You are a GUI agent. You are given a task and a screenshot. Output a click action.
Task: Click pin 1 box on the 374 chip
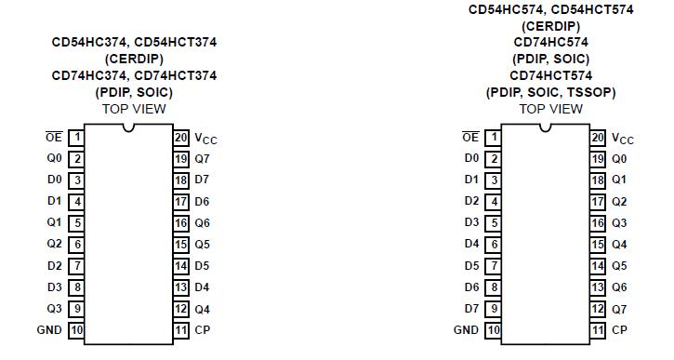pyautogui.click(x=77, y=137)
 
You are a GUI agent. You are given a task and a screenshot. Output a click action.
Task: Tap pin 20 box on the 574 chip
pyautogui.click(x=598, y=137)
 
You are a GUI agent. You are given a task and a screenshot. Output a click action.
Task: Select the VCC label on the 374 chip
pyautogui.click(x=205, y=138)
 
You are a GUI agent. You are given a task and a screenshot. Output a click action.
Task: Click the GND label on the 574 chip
pyautogui.click(x=467, y=329)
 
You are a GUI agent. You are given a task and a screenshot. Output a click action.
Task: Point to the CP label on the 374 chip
pyautogui.click(x=203, y=329)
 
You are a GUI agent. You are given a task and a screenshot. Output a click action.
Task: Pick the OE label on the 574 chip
pyautogui.click(x=470, y=137)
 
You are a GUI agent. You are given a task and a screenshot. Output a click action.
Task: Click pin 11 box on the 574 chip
pyautogui.click(x=598, y=329)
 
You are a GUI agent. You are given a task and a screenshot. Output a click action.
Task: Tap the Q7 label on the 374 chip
pyautogui.click(x=203, y=158)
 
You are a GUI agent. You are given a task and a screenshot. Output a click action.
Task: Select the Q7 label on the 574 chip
pyautogui.click(x=619, y=308)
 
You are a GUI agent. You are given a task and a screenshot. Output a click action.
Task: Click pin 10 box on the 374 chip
pyautogui.click(x=77, y=329)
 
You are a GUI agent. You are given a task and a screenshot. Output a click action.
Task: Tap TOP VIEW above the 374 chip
pyautogui.click(x=135, y=109)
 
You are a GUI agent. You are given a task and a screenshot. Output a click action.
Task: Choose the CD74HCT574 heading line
pyautogui.click(x=550, y=75)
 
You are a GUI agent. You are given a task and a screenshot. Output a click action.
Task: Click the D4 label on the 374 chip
pyautogui.click(x=203, y=287)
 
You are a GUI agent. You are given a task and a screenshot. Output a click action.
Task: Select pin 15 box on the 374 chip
pyautogui.click(x=181, y=244)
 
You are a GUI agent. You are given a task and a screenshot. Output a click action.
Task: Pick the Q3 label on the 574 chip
pyautogui.click(x=619, y=222)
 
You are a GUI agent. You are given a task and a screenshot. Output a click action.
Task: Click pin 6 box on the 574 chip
pyautogui.click(x=494, y=244)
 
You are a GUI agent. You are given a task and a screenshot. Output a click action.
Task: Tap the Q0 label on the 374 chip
pyautogui.click(x=55, y=158)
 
